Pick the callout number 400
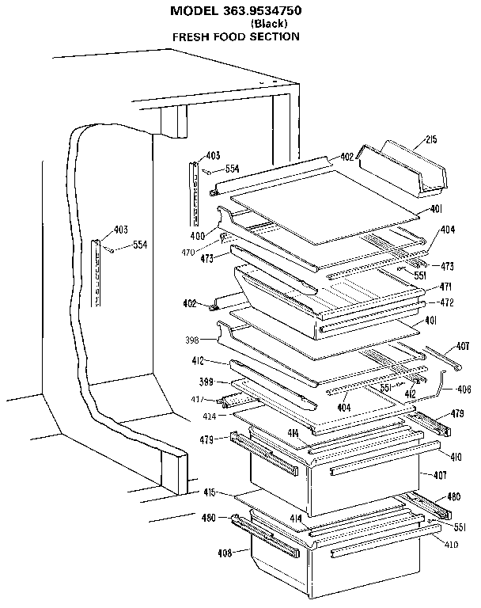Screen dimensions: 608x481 pyautogui.click(x=197, y=236)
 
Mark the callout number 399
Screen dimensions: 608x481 pyautogui.click(x=206, y=382)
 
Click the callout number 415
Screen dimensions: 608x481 pyautogui.click(x=209, y=492)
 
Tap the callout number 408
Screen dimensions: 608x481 pyautogui.click(x=224, y=553)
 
